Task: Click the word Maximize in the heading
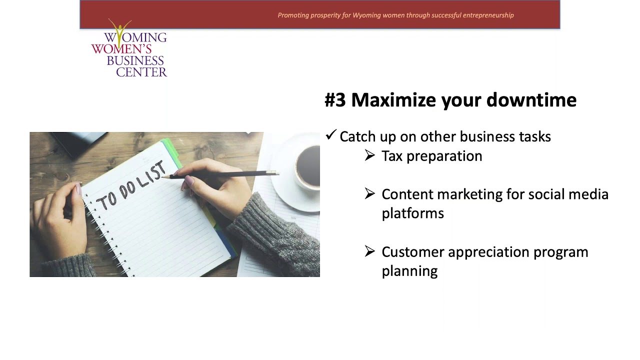(393, 100)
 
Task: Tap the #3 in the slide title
(335, 100)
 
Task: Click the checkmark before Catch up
(330, 135)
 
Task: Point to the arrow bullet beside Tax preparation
(369, 155)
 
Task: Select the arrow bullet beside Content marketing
(369, 193)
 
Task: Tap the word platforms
(412, 213)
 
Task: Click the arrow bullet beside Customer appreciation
(369, 251)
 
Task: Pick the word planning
(409, 271)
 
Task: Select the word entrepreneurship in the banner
(488, 15)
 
